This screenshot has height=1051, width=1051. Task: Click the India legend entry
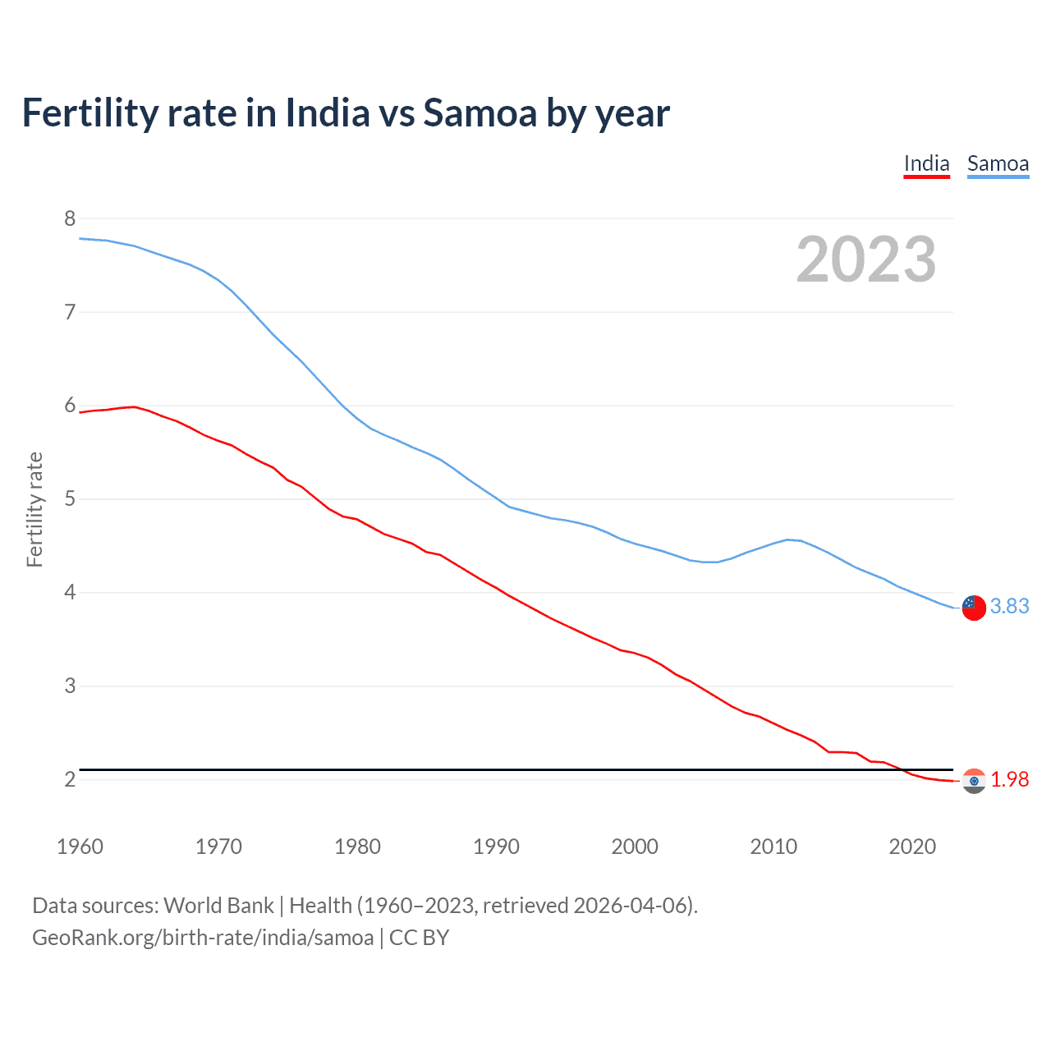(x=926, y=163)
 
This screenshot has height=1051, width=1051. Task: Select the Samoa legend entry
(x=998, y=163)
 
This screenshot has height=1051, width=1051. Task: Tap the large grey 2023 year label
(x=865, y=259)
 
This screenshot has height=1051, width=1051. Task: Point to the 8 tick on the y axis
(x=70, y=218)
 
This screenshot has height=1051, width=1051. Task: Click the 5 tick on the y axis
(x=70, y=498)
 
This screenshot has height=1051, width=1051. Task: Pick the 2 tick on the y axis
(x=70, y=778)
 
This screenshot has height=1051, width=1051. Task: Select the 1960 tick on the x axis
(x=80, y=847)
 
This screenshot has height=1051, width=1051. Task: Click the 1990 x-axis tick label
(x=496, y=847)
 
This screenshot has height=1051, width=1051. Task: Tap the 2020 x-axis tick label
(x=912, y=847)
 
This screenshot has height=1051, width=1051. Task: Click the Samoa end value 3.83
(x=1009, y=606)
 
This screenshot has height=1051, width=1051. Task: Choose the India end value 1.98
(x=1009, y=779)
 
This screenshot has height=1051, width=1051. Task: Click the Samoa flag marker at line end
(x=974, y=608)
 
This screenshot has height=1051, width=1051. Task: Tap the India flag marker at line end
(x=974, y=781)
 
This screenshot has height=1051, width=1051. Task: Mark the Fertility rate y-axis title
(x=34, y=509)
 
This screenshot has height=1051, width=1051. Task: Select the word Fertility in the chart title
(x=89, y=112)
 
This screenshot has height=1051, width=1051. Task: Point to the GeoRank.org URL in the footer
(x=203, y=938)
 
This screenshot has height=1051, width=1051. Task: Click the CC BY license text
(x=419, y=938)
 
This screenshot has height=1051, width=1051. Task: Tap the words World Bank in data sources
(x=218, y=906)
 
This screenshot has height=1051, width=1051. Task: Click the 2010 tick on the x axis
(x=773, y=847)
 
